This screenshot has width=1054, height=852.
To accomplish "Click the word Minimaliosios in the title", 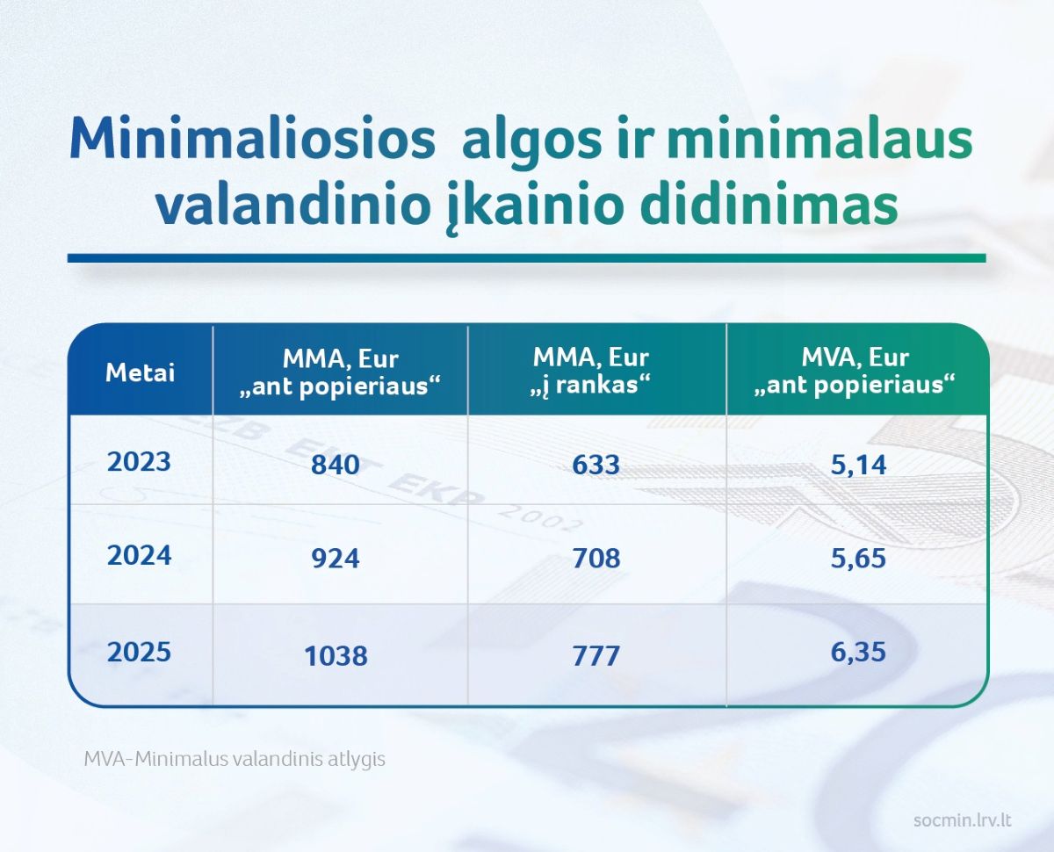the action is [253, 138].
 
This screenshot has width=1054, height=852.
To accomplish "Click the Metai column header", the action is [140, 372].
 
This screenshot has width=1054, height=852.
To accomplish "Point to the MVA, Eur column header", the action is [855, 371].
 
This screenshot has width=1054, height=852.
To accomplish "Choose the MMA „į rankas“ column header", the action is [590, 371].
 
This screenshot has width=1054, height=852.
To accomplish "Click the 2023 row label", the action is [139, 462].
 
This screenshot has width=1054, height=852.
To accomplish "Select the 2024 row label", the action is [139, 555].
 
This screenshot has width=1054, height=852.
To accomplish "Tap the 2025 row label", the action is [139, 652].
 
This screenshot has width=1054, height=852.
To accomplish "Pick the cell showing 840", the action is [335, 465].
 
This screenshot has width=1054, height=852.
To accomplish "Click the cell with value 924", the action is [335, 558].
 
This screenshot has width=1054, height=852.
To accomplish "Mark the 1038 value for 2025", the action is [336, 656].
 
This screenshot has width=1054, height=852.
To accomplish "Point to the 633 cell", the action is [596, 465].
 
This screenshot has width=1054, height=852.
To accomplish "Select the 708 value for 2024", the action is [596, 558].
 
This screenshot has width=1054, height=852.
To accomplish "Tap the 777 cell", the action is [596, 656].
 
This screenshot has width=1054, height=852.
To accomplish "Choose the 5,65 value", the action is [858, 559].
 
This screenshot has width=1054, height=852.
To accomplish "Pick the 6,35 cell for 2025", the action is [858, 652].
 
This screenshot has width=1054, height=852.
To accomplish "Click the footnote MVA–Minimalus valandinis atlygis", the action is [235, 759].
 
